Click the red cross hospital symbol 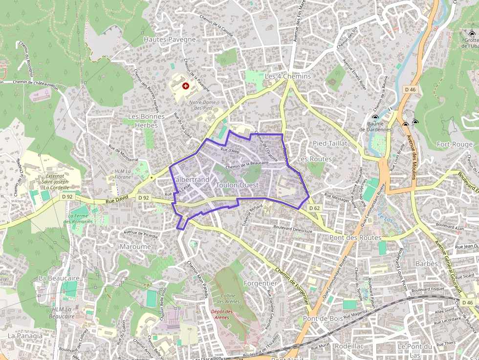coord(186,86)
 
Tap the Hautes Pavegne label coord(170,39)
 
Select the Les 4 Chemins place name coord(287,77)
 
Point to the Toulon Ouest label coord(237,186)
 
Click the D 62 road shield coord(315,208)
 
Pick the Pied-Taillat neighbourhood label coord(330,143)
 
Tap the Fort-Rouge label coord(455,144)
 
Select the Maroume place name coord(135,247)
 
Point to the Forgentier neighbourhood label coord(260,283)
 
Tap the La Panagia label coord(25,336)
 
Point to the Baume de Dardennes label coord(375,127)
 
